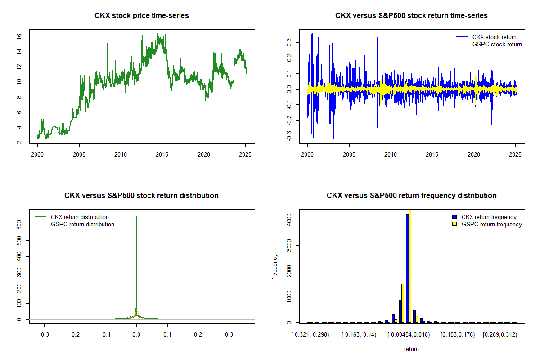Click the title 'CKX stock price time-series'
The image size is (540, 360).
pyautogui.click(x=141, y=16)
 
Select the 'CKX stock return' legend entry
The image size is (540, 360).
pyautogui.click(x=494, y=37)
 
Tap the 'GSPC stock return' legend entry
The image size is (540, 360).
pyautogui.click(x=497, y=45)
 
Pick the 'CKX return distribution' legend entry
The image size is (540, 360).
pyautogui.click(x=80, y=217)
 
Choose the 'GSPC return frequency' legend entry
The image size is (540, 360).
pyautogui.click(x=491, y=224)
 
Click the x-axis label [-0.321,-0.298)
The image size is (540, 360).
pyautogui.click(x=311, y=335)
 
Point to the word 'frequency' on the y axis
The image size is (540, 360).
pyautogui.click(x=275, y=267)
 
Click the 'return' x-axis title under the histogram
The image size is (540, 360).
pyautogui.click(x=411, y=349)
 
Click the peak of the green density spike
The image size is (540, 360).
pyautogui.click(x=136, y=216)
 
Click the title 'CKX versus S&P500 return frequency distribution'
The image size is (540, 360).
pyautogui.click(x=411, y=196)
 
